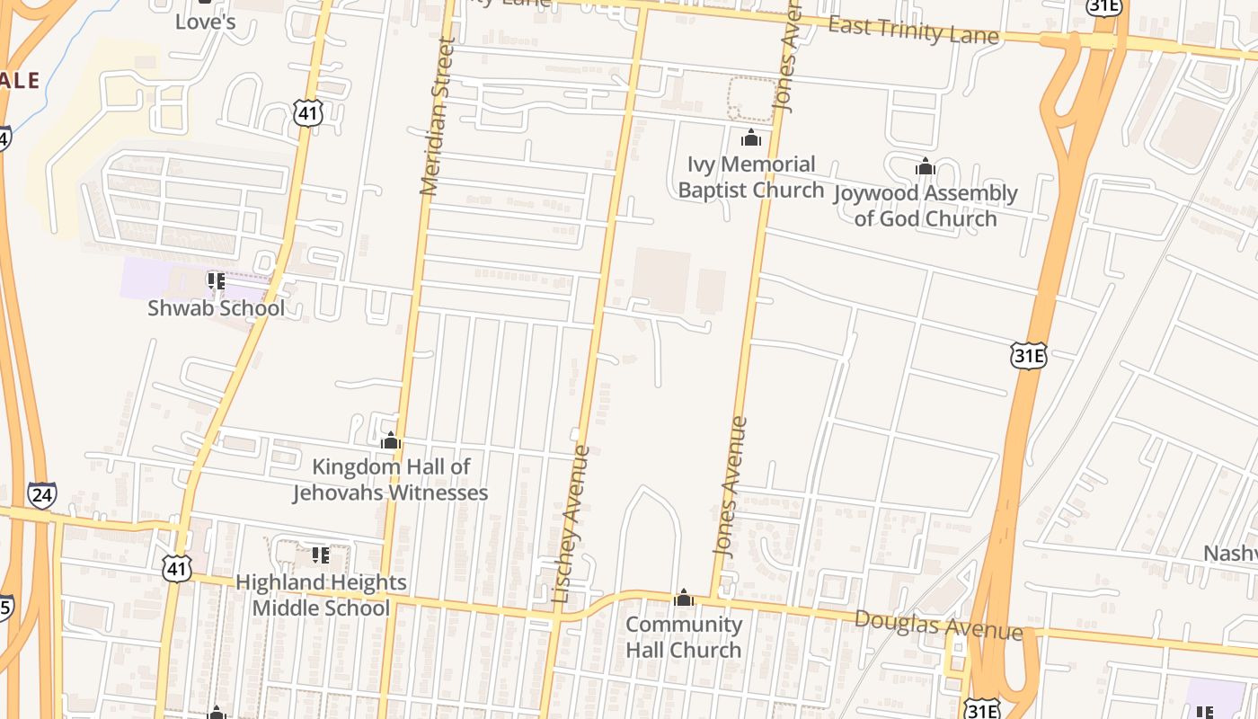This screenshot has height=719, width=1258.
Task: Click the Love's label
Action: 205,22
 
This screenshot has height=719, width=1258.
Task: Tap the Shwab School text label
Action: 216,307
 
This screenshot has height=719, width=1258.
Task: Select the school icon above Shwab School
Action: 216,281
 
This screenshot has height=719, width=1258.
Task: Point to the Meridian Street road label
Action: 437,117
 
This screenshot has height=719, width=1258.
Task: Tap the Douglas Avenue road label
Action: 938,625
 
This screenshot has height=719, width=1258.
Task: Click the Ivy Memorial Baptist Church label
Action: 750,177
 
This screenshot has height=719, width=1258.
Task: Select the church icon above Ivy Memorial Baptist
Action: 750,138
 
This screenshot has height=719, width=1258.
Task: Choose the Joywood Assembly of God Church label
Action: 926,206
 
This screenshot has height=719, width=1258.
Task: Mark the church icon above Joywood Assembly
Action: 926,167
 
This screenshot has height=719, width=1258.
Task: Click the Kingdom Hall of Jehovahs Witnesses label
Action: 391,480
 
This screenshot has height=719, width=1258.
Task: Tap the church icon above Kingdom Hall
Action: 391,441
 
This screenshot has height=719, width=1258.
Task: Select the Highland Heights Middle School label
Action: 321,595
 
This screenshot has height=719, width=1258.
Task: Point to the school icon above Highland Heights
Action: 321,555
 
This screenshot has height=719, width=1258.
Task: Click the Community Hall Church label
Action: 684,637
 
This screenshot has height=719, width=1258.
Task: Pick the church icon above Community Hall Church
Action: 684,599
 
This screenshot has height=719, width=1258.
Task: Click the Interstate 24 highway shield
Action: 41,495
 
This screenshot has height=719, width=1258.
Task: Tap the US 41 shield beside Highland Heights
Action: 177,567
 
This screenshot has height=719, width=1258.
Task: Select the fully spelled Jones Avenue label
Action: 730,485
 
